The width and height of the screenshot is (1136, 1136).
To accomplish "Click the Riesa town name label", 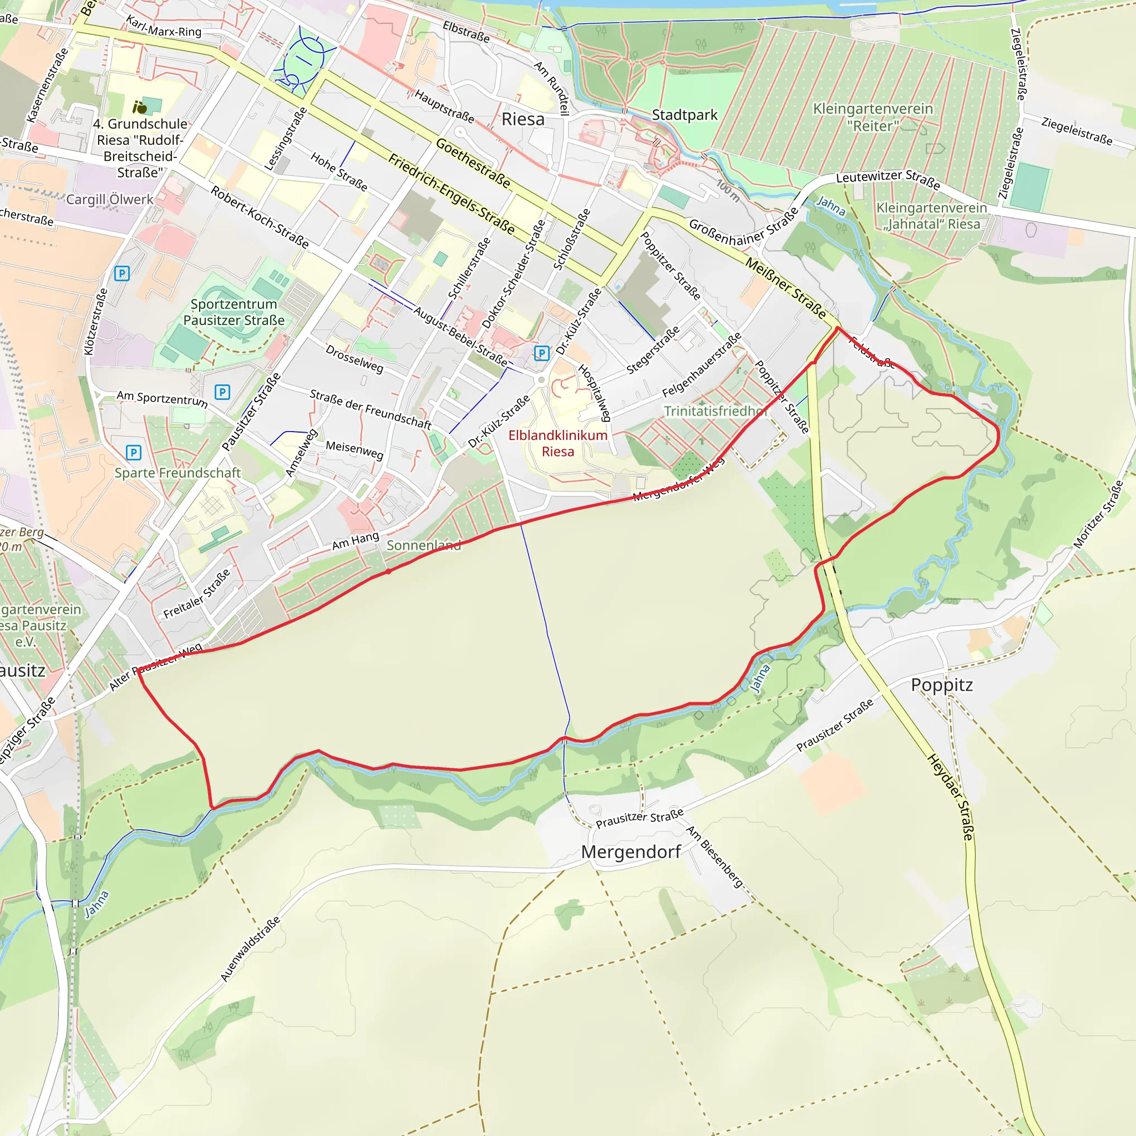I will pyautogui.click(x=523, y=119).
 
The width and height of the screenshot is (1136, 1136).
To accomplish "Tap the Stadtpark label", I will pyautogui.click(x=684, y=115).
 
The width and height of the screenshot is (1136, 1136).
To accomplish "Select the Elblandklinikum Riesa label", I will pyautogui.click(x=557, y=443).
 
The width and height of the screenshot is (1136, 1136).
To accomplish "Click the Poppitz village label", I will pyautogui.click(x=941, y=685).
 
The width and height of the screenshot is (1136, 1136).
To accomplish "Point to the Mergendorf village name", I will pyautogui.click(x=631, y=852).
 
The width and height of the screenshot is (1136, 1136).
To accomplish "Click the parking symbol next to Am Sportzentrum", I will pyautogui.click(x=222, y=392).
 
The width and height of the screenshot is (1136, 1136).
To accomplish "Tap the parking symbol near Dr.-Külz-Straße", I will pyautogui.click(x=541, y=353).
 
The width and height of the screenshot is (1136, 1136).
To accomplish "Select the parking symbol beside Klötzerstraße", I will pyautogui.click(x=121, y=273).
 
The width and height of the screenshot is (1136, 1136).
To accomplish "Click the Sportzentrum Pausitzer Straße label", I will pyautogui.click(x=234, y=312).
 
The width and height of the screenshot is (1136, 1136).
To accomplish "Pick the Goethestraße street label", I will pyautogui.click(x=473, y=163).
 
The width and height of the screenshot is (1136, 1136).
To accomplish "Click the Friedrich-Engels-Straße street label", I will pyautogui.click(x=452, y=194).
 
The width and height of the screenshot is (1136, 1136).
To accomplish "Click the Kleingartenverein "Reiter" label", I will pyautogui.click(x=873, y=117).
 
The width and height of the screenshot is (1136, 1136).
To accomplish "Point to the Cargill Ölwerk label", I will pyautogui.click(x=109, y=199).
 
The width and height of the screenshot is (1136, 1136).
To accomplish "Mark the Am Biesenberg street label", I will pyautogui.click(x=715, y=856).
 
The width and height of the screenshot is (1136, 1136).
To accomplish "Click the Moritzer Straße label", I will pyautogui.click(x=1098, y=515).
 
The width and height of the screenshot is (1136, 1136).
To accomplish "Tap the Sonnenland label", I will pyautogui.click(x=423, y=546).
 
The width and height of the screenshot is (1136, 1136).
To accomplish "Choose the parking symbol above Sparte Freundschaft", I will pyautogui.click(x=134, y=452).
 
